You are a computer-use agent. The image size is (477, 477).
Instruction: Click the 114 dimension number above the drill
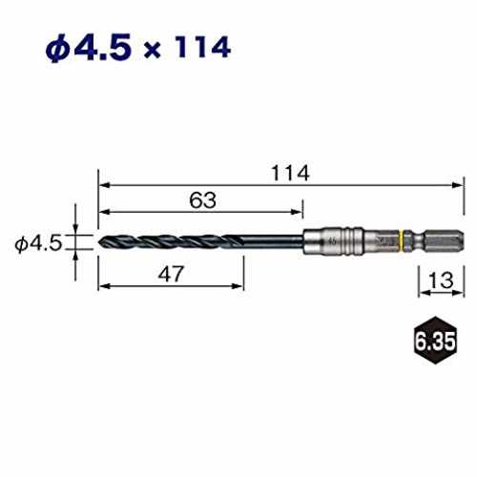pos(290,174)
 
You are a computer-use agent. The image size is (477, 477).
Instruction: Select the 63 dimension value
pos(202,200)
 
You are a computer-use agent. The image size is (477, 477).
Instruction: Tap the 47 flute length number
pos(171,274)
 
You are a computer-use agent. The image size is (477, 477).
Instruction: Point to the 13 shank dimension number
pos(441,280)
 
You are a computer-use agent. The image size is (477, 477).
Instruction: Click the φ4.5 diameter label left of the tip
pos(38,244)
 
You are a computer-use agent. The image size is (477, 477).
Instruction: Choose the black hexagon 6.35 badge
pos(435,341)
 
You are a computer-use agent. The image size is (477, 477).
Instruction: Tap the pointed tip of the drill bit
pos(99,240)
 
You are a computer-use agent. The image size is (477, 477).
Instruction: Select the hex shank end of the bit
pos(444,241)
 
